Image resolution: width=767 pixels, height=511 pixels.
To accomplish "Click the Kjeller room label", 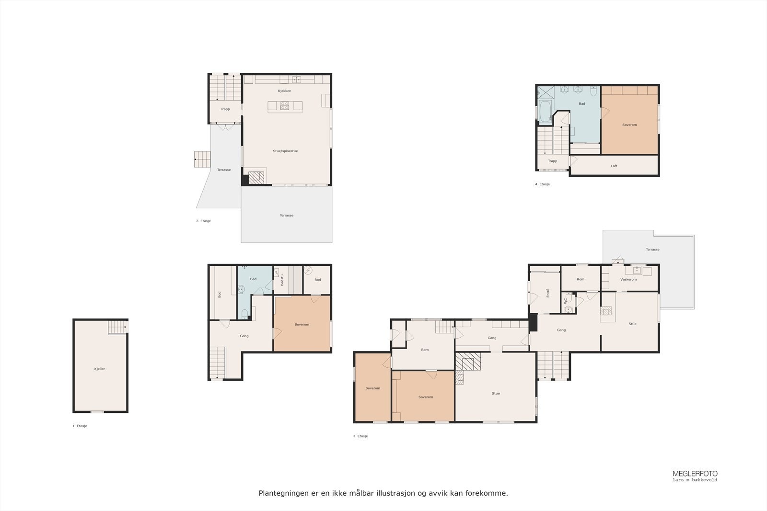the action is click(x=99, y=369).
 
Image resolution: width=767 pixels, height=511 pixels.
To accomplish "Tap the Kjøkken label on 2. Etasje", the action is click(x=285, y=91).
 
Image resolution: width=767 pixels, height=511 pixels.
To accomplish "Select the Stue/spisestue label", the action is click(x=285, y=151).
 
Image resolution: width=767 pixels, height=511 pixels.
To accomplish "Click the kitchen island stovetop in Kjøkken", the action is click(x=285, y=106).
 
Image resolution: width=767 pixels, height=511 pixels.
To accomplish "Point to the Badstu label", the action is click(x=282, y=280).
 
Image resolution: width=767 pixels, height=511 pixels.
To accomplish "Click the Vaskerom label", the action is click(x=628, y=279).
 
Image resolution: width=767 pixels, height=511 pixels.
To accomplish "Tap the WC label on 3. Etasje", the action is click(x=565, y=301).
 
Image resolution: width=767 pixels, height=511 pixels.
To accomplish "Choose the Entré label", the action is click(x=548, y=293).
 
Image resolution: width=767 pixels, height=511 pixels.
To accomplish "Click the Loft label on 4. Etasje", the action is click(x=614, y=166).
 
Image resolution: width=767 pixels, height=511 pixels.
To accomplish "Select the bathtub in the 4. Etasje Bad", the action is click(x=545, y=111).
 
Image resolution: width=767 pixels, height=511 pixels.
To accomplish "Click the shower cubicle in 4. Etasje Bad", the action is click(x=546, y=92).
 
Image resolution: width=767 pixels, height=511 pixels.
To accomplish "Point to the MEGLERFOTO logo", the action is click(x=695, y=476).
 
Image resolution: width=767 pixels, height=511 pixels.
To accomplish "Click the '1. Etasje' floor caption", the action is click(x=80, y=426).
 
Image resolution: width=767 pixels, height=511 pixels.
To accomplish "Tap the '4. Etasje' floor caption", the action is click(x=542, y=184).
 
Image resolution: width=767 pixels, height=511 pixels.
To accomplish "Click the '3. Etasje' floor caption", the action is click(x=360, y=436).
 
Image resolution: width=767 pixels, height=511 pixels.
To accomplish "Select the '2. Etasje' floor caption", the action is click(x=203, y=221).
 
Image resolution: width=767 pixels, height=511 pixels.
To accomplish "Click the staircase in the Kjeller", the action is click(x=117, y=327).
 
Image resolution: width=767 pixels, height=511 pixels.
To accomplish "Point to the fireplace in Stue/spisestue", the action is click(x=256, y=178).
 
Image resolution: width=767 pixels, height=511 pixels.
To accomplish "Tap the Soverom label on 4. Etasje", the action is click(x=629, y=125).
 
